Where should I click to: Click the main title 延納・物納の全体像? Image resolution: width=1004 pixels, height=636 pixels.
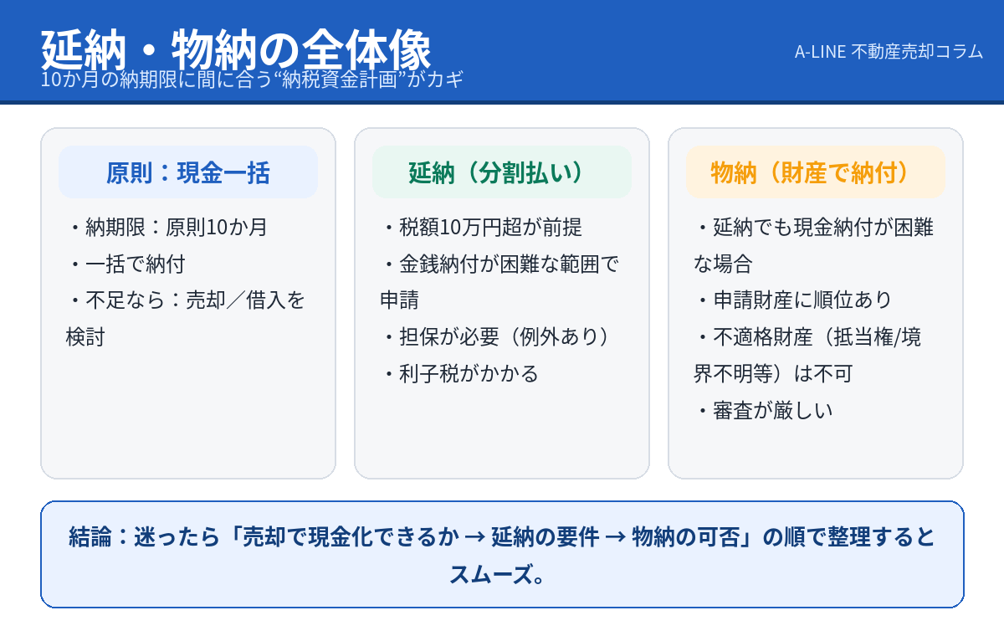point(236,49)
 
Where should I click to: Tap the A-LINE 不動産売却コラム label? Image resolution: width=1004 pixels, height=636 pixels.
point(889,52)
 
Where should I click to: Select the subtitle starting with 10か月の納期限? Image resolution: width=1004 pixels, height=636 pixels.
point(252,79)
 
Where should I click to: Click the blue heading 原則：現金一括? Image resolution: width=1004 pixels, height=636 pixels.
point(187,172)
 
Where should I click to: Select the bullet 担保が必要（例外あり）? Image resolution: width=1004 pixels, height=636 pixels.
point(499,337)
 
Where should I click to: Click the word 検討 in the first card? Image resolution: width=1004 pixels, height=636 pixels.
point(85,337)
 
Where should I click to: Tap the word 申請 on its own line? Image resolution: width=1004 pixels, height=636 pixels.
point(399,300)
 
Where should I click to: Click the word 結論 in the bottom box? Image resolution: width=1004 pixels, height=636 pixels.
point(90,537)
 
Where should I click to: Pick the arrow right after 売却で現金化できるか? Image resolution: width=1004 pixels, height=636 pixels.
point(475,537)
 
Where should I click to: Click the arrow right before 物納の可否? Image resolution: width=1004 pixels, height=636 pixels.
point(616,537)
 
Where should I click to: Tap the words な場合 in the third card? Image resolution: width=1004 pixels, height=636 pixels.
point(723,264)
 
